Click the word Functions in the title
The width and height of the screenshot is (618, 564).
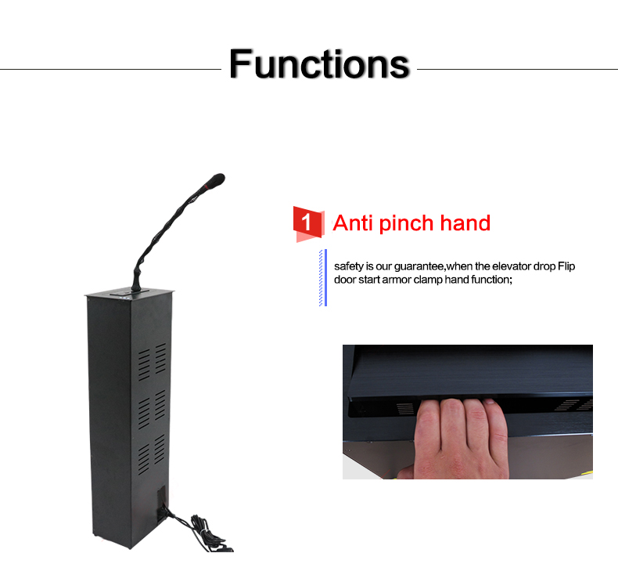[x=319, y=63]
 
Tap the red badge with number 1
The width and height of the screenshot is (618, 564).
[x=308, y=222]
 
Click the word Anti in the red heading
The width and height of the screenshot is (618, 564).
[x=353, y=223]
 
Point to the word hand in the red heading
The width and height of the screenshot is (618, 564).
[x=465, y=223]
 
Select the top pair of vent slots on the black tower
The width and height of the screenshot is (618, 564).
[x=153, y=359]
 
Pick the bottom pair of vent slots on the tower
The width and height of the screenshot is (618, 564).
[x=153, y=454]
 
